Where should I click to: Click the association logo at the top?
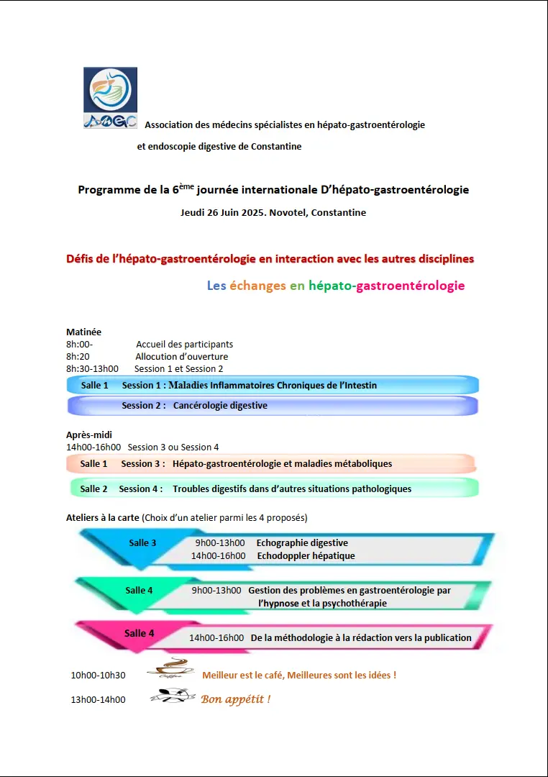(x=110, y=98)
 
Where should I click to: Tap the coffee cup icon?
(x=170, y=668)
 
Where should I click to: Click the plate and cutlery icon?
(x=173, y=695)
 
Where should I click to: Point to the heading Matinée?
(x=83, y=332)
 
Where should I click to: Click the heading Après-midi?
(x=89, y=435)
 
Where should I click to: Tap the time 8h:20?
(x=78, y=356)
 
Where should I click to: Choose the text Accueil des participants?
(x=184, y=344)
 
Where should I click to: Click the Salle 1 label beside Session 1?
(x=94, y=386)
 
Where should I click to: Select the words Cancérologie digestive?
(x=220, y=406)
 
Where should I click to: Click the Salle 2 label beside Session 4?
(x=93, y=489)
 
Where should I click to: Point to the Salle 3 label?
(x=142, y=543)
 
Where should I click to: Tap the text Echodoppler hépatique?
(x=306, y=555)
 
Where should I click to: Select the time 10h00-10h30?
(x=98, y=675)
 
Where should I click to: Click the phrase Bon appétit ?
(x=235, y=699)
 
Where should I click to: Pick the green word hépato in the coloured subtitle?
(x=330, y=286)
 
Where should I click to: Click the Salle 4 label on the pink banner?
(x=139, y=633)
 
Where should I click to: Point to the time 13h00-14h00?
(x=98, y=699)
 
